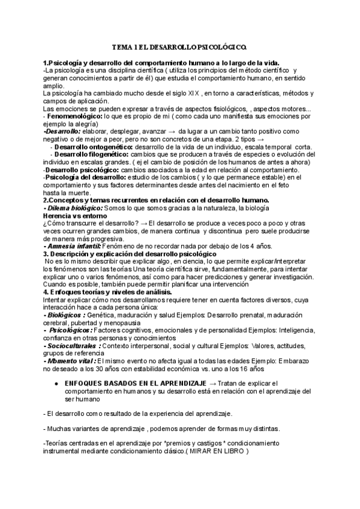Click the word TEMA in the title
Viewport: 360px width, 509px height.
point(122,46)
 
